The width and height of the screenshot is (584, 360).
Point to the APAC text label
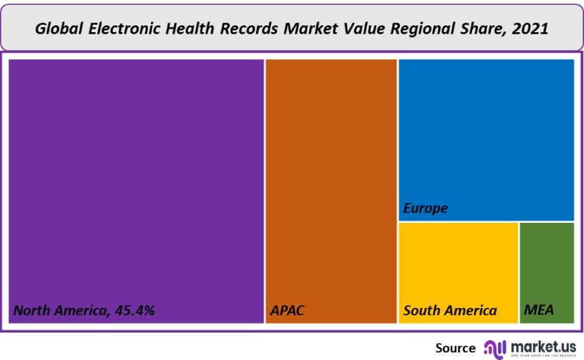click(x=287, y=311)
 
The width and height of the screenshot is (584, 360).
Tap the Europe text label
click(x=425, y=208)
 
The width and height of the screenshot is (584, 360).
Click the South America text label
click(x=449, y=311)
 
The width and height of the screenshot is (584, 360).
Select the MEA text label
click(x=539, y=311)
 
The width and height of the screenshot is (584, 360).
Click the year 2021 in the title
click(x=530, y=29)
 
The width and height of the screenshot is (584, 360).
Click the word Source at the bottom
click(x=455, y=348)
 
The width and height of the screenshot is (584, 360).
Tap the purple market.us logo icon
click(x=494, y=348)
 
